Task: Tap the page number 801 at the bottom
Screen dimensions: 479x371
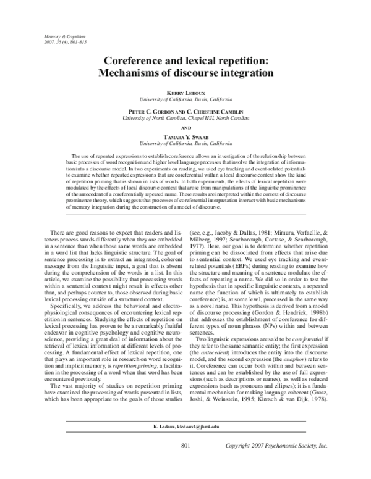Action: point(185,463)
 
